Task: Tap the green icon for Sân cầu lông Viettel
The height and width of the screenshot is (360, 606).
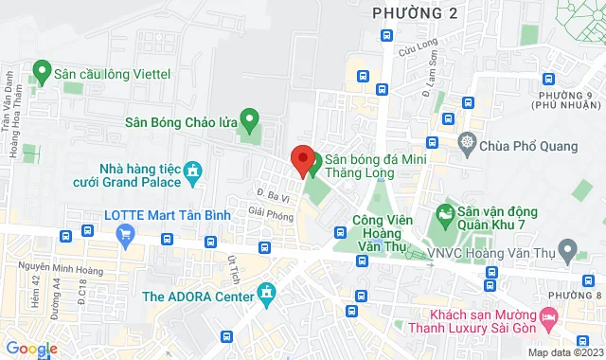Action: click(41, 70)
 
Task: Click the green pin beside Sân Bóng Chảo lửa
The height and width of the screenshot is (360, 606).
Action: click(250, 119)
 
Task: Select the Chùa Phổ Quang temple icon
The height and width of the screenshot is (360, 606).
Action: click(466, 144)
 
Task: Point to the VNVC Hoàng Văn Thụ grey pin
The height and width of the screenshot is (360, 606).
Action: click(568, 252)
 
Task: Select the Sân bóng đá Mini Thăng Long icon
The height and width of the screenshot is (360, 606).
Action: click(317, 159)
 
